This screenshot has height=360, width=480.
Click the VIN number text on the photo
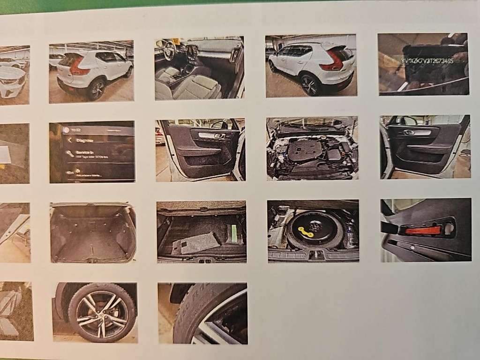tap(427, 61)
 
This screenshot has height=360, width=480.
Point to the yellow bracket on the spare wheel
tap(307, 231)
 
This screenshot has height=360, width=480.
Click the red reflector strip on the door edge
tap(423, 230)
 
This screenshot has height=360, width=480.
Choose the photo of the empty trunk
tap(92, 232)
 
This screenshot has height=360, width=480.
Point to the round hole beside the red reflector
tap(449, 229)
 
